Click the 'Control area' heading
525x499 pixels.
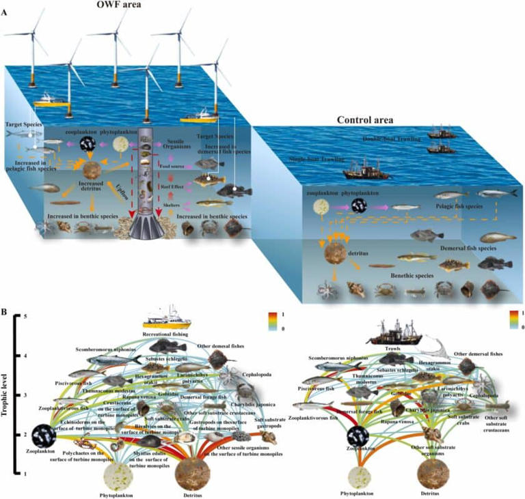tap(364, 119)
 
